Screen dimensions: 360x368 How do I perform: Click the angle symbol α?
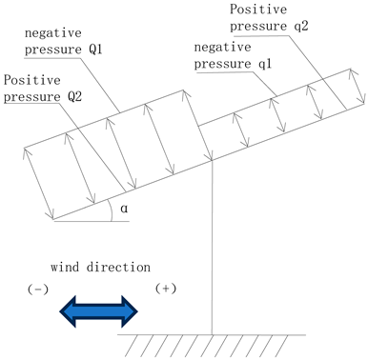pyautogui.click(x=124, y=208)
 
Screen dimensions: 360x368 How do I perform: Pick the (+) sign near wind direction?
pyautogui.click(x=158, y=288)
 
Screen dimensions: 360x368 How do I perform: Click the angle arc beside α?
pyautogui.click(x=112, y=211)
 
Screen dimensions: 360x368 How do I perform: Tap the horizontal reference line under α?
pyautogui.click(x=86, y=221)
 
